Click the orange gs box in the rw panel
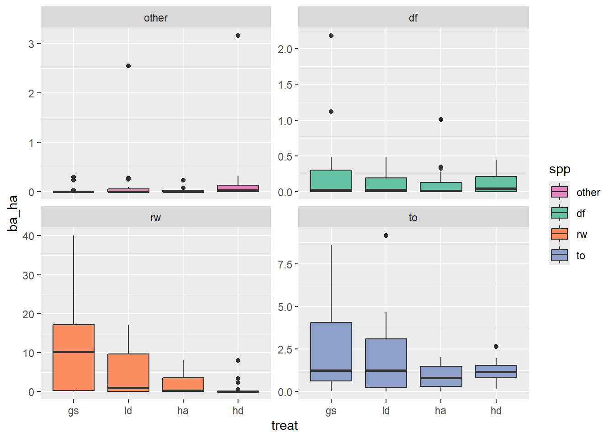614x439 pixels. coord(74,338)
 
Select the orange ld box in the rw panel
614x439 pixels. coord(128,370)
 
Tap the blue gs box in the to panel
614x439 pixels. coord(331,348)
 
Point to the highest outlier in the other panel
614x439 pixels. coord(238,36)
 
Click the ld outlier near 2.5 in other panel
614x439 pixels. coord(128,66)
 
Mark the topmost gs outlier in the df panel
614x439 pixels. coord(331,36)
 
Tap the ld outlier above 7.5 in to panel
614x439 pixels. coord(386,236)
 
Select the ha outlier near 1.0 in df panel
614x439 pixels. coord(441,119)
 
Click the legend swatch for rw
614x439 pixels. coord(560,234)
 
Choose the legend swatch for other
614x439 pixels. coord(560,192)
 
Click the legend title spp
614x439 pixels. coord(560,169)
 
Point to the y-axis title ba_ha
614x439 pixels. coord(13,213)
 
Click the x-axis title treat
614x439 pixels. coord(284,426)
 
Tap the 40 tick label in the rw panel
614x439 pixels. coord(28,236)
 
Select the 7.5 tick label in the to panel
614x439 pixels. coord(285,264)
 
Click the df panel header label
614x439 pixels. coord(413,18)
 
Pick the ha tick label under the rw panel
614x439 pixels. coord(183,411)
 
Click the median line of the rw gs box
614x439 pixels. coord(74,352)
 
